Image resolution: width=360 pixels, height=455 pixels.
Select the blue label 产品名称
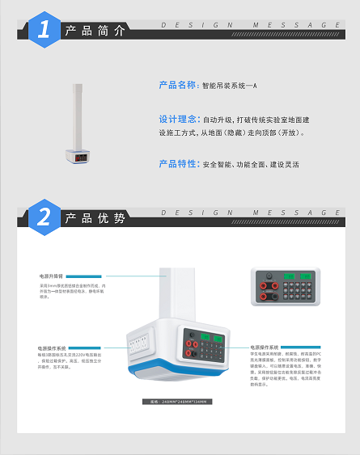tap(177, 84)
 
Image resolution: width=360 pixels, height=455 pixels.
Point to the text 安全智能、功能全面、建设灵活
tap(251, 164)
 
